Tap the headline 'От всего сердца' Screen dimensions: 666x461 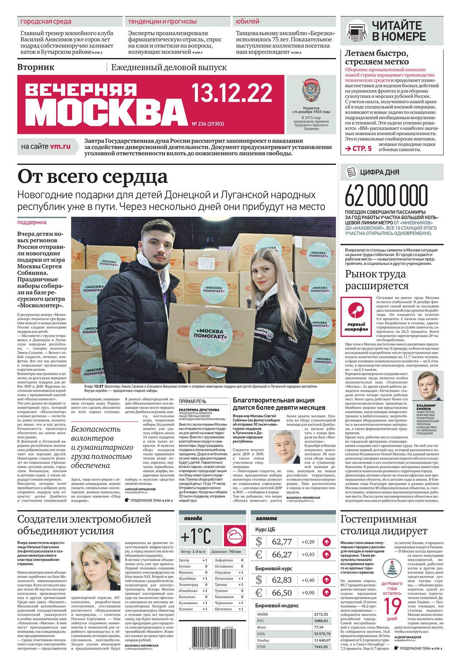[93, 177]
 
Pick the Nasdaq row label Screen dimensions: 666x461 [263, 640]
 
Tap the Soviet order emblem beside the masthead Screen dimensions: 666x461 [311, 91]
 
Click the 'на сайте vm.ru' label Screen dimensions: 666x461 [46, 147]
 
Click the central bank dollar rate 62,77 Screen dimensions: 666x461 [282, 541]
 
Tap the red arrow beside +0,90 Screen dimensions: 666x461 [327, 592]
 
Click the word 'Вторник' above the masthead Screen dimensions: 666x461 [36, 67]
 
